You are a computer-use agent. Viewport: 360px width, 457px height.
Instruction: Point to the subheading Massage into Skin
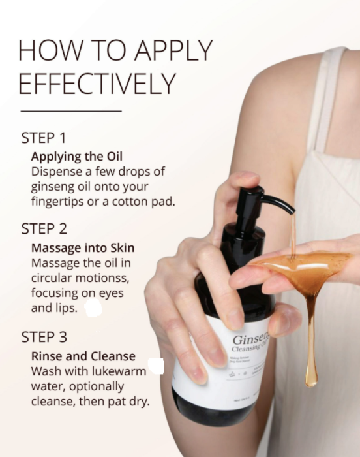[83, 248]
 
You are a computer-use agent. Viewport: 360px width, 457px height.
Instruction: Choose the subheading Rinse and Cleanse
[83, 356]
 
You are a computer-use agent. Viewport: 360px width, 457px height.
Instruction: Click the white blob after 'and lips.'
[93, 307]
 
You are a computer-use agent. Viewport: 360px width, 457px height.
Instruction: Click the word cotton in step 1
[130, 201]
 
